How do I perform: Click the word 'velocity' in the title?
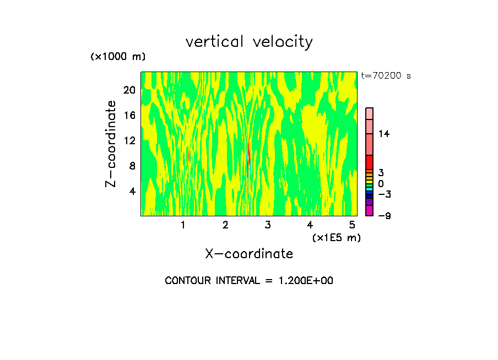point(283,42)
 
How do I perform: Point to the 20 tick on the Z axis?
point(129,90)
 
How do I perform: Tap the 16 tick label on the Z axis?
point(129,115)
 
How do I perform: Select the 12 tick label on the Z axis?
point(129,140)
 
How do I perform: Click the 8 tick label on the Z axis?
point(132,166)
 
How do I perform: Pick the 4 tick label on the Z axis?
point(132,191)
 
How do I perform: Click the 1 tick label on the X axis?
point(183,225)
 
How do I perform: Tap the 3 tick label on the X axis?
point(268,225)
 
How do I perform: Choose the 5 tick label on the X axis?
point(352,225)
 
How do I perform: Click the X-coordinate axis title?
point(249,254)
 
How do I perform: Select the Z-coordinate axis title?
point(111,144)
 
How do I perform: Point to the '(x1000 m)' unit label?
point(117,57)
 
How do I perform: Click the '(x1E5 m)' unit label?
point(336,238)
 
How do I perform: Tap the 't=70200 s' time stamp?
point(386,76)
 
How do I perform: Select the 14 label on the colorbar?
point(384,134)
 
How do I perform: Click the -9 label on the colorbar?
point(384,216)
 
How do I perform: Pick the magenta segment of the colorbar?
point(369,211)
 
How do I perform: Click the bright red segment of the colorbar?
point(369,162)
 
